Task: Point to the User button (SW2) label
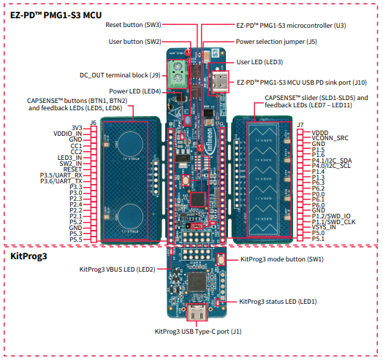click(135, 42)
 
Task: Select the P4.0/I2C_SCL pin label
click(332, 164)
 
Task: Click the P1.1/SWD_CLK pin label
click(333, 221)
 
